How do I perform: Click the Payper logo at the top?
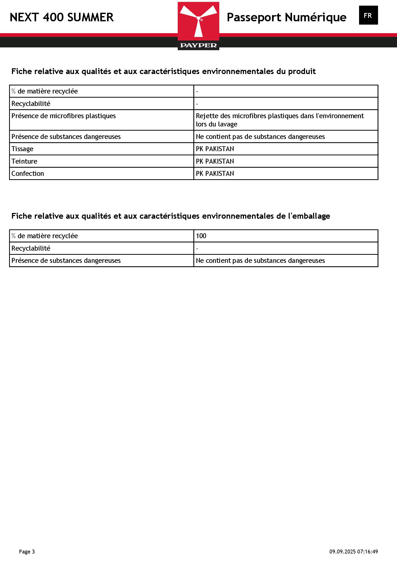[198, 26]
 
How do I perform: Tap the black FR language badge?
[368, 15]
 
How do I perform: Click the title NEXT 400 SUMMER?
[62, 17]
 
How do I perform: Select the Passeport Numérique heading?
[286, 17]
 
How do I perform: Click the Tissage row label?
[22, 149]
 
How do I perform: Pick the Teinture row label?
[24, 161]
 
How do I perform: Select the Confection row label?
[28, 173]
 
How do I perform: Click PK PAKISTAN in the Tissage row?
[215, 149]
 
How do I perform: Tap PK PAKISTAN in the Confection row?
[215, 173]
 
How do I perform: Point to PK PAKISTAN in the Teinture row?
[215, 161]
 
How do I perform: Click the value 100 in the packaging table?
[201, 236]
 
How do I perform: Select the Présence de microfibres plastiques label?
[64, 116]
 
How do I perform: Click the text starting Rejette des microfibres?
[280, 116]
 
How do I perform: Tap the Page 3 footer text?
[27, 552]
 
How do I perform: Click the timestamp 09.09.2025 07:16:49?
[354, 552]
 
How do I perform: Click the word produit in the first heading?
[302, 71]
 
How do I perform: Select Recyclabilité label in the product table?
[31, 104]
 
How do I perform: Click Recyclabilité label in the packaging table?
[31, 248]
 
